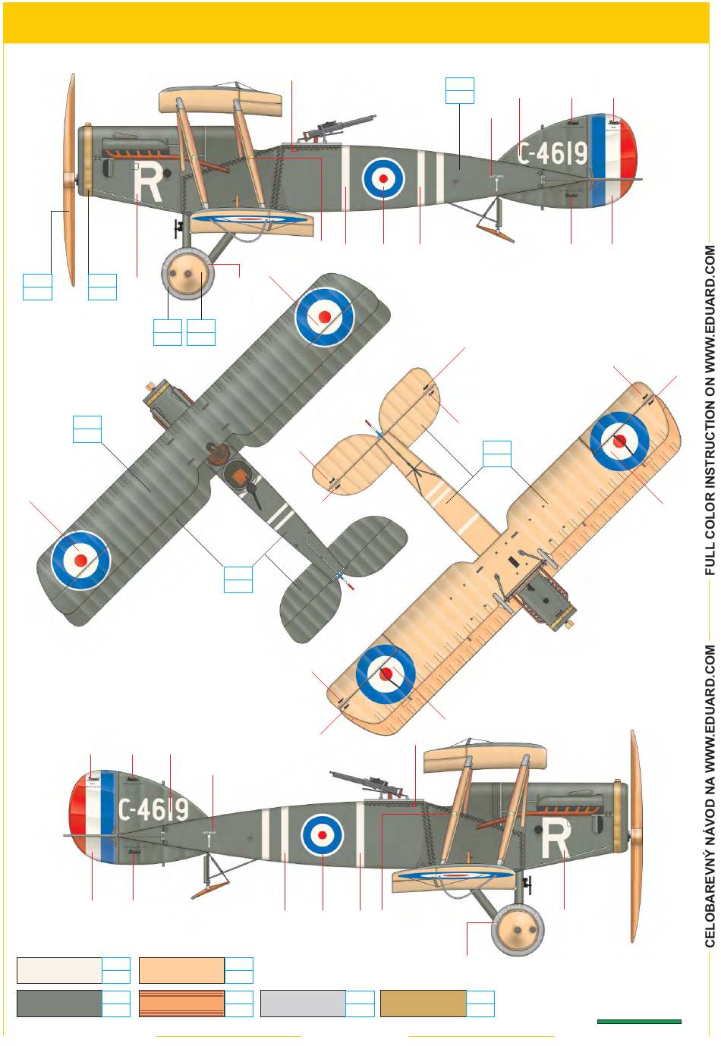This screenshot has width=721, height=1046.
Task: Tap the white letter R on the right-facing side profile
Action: (x=556, y=839)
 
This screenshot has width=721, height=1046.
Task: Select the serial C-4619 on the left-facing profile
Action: (x=553, y=153)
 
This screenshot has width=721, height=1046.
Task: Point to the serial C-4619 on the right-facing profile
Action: (x=153, y=809)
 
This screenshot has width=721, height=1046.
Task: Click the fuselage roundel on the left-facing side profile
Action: (x=383, y=178)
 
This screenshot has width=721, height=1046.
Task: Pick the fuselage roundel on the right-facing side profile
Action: (x=323, y=834)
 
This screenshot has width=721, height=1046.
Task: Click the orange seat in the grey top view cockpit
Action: (x=240, y=477)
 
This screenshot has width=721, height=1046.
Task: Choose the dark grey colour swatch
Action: (x=59, y=1003)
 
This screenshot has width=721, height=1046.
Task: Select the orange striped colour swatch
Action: (x=181, y=1003)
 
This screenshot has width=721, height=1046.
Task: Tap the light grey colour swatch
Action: (x=303, y=1003)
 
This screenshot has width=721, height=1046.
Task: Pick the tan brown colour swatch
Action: (x=423, y=1003)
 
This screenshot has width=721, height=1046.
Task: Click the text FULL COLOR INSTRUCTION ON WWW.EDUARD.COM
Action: (x=710, y=410)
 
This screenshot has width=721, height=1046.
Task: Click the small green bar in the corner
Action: (x=639, y=1022)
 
